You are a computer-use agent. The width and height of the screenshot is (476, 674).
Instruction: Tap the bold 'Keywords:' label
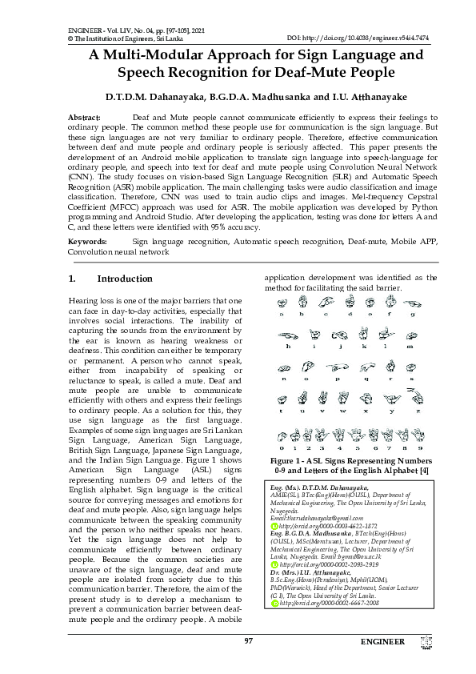[87, 241]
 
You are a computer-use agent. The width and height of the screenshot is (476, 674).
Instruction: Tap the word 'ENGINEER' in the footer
[382, 641]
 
